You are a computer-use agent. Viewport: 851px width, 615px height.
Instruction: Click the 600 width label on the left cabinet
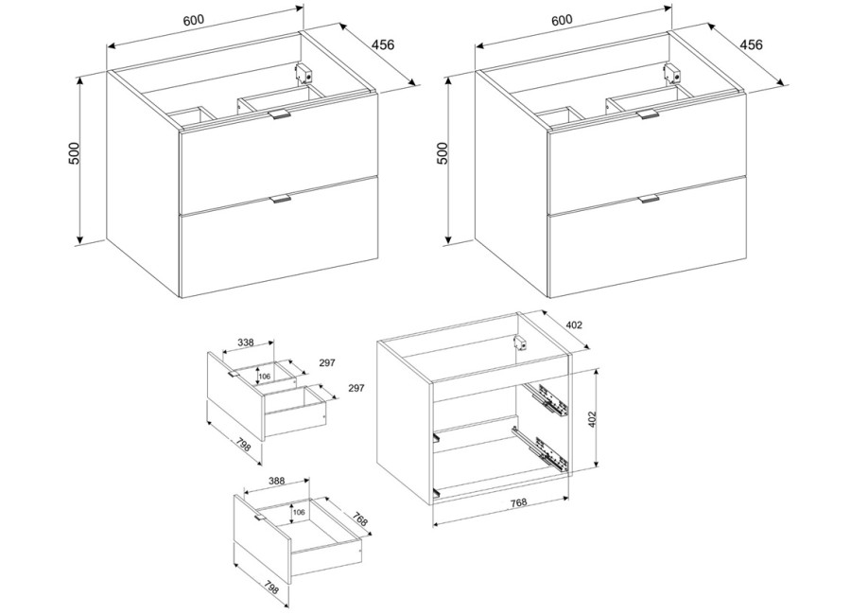(193, 20)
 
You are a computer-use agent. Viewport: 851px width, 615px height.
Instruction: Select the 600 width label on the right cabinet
(562, 20)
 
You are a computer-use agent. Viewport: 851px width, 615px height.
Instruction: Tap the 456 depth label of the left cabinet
(383, 44)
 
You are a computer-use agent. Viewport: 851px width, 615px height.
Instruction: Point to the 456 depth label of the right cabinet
(751, 44)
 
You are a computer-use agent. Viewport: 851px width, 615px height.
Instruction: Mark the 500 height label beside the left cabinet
(75, 153)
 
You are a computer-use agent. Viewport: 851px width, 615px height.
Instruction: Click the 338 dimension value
(246, 343)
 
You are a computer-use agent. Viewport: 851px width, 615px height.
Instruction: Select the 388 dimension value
(276, 481)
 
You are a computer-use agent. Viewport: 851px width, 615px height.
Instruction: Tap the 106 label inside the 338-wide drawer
(265, 377)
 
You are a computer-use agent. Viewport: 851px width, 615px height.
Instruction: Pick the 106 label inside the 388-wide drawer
(299, 512)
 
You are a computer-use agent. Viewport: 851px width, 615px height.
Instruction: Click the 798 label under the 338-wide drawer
(244, 444)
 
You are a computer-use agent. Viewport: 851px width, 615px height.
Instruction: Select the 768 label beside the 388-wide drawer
(360, 518)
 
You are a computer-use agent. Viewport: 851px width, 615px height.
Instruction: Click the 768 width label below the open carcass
(519, 502)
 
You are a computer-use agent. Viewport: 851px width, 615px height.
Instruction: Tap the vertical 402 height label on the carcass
(592, 419)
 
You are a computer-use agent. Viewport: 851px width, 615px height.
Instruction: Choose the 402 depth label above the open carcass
(574, 325)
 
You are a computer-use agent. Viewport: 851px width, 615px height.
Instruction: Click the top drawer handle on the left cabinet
(280, 115)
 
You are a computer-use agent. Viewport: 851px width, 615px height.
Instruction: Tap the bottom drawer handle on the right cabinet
(649, 199)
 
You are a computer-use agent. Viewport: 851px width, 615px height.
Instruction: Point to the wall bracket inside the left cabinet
(304, 74)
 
